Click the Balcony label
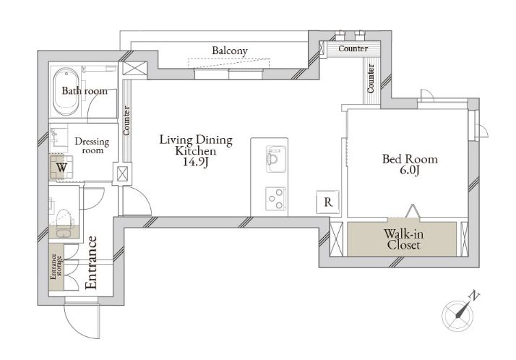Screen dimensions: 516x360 coord(229,51)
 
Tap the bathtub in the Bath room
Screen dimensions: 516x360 coord(66,91)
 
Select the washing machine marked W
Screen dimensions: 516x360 coord(61,167)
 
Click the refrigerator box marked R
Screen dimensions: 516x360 coord(328,202)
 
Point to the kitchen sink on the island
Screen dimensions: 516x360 coord(276,159)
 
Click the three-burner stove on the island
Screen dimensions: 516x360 coord(276,198)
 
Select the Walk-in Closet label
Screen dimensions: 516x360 coord(403,239)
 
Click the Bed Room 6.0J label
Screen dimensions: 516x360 coord(410,164)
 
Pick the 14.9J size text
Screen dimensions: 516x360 coord(196,162)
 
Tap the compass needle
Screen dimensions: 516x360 coord(461,310)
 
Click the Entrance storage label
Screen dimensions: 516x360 coord(56,267)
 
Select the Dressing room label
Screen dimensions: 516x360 coord(93,146)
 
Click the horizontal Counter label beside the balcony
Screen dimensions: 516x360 coord(353,48)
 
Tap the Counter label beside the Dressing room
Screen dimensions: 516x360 coord(126,121)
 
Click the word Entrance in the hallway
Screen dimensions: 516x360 coord(91,262)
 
